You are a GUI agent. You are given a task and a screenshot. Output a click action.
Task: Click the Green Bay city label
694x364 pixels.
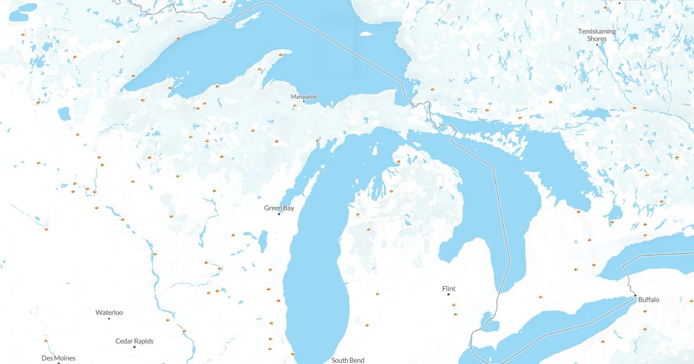(x=279, y=208)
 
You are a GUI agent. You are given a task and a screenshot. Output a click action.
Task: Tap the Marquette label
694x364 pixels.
(x=304, y=96)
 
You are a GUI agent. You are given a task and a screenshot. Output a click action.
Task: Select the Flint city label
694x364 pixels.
(x=448, y=288)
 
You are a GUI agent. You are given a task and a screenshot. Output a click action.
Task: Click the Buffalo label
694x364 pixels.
(x=648, y=300)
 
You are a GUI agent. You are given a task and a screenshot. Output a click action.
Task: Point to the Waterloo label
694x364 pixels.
(x=109, y=313)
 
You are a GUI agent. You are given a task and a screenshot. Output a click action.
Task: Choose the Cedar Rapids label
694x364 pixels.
(x=134, y=341)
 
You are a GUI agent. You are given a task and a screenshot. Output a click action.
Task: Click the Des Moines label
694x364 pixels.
(x=58, y=358)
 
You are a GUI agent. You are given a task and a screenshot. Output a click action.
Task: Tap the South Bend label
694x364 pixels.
(x=348, y=360)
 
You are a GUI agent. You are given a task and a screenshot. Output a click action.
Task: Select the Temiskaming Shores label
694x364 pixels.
(x=597, y=35)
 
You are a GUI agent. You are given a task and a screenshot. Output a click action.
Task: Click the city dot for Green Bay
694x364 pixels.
(x=279, y=214)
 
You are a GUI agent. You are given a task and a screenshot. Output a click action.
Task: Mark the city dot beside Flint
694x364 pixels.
(x=448, y=295)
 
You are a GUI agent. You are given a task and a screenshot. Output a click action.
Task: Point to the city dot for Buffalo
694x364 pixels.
(x=635, y=296)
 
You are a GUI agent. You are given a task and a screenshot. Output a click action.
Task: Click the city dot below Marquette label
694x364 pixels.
(x=304, y=102)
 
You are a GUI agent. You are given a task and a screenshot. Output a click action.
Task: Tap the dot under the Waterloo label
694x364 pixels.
(x=109, y=318)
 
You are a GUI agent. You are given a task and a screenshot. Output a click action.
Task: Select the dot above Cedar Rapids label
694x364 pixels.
(x=134, y=347)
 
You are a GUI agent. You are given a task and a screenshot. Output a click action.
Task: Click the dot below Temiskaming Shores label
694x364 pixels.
(x=597, y=44)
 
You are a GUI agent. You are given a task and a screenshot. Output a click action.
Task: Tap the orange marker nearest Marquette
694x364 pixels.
(x=294, y=105)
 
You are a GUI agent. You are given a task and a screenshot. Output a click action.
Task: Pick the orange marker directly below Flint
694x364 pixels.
(x=454, y=304)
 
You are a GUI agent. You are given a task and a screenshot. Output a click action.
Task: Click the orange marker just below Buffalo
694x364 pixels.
(x=644, y=311)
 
